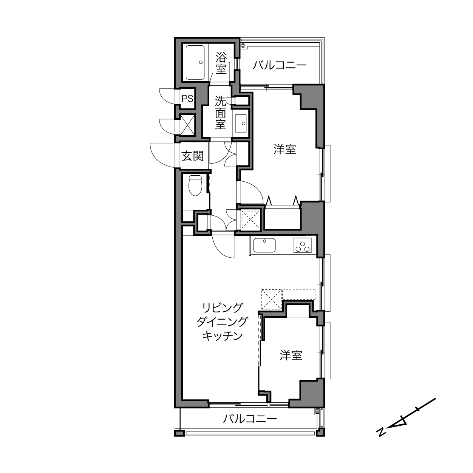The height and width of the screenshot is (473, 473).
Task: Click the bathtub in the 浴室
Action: (x=195, y=62)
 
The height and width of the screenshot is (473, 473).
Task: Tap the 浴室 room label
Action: (x=221, y=63)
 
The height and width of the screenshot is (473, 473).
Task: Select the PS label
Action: (x=187, y=99)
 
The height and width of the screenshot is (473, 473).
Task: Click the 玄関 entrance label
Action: (x=192, y=156)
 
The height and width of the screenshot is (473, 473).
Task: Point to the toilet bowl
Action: (x=195, y=185)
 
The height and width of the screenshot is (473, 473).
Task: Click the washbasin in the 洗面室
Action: (x=241, y=123)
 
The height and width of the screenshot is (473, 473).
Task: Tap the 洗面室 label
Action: (x=221, y=113)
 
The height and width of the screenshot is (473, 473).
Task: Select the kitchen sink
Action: (x=264, y=245)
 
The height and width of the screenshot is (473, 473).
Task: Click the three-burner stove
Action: (x=302, y=246)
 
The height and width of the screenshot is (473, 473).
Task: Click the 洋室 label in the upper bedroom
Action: (x=285, y=150)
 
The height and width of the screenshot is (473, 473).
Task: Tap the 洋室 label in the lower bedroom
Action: (x=291, y=355)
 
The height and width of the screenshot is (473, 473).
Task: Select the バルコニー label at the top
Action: (x=280, y=65)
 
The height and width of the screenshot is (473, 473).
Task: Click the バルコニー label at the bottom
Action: (x=250, y=419)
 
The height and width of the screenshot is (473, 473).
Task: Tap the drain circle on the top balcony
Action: (x=243, y=45)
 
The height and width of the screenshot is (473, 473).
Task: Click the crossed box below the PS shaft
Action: (x=187, y=124)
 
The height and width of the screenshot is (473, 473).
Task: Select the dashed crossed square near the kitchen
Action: (x=272, y=299)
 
